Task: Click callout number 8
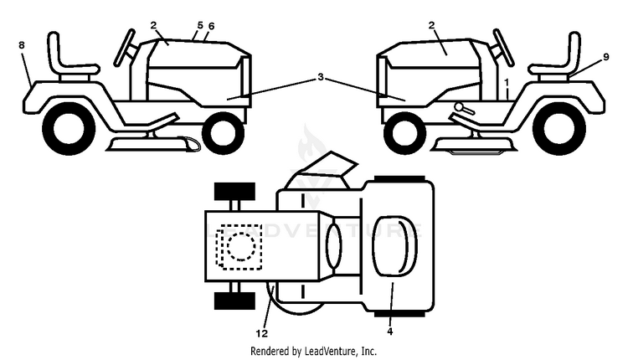pos(22,45)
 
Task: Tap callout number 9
pos(606,57)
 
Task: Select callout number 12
pos(261,333)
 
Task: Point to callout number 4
pos(389,332)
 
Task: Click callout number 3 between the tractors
pos(321,76)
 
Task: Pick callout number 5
pos(200,26)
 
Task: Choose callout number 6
pos(212,27)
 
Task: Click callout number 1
pos(507,83)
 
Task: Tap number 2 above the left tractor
pos(154,25)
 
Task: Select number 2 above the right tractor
pos(431,25)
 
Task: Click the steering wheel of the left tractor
pos(125,47)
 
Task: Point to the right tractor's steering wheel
pos(503,47)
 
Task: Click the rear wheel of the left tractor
pos(69,129)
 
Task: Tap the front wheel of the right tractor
pos(404,133)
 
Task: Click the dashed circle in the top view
pos(241,246)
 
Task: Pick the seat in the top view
pos(394,246)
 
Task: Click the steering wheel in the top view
pos(333,246)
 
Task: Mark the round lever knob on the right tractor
pos(459,107)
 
